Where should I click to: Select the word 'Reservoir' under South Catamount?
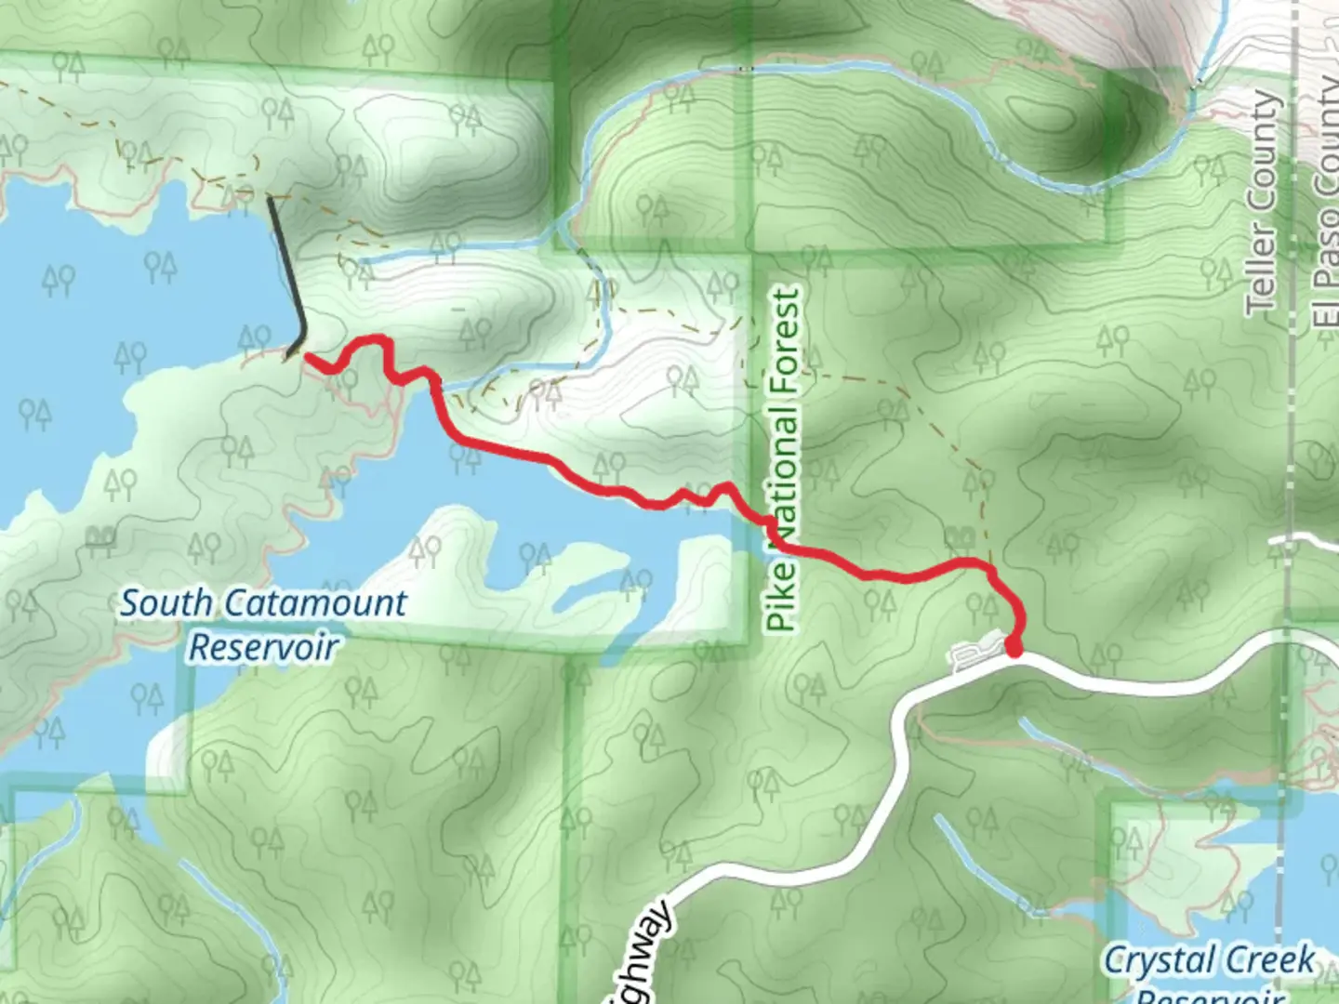263,647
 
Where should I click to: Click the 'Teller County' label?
1262,201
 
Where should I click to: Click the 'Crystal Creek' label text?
1208,959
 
